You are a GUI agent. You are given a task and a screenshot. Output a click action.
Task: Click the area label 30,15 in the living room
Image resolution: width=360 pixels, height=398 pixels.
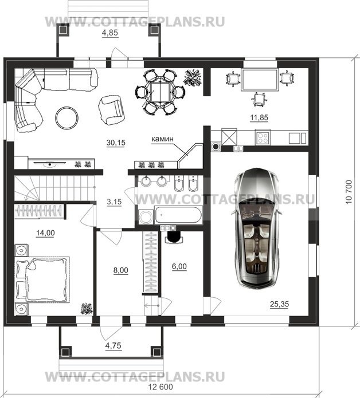pos(116,143)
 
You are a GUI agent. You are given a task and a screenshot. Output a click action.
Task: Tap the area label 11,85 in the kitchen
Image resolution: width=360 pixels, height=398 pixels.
pos(259,118)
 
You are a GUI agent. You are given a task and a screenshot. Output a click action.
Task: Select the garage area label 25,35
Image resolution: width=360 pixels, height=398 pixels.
pos(280,304)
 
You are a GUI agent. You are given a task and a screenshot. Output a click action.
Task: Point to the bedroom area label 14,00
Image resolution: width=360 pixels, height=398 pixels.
pos(45,233)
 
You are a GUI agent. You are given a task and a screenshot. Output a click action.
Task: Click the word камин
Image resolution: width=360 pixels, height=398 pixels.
pos(162,139)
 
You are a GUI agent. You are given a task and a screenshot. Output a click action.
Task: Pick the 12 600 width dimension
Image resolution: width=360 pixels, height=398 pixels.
pos(161,387)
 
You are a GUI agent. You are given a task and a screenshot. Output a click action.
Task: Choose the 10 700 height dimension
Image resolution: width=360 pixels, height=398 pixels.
pos(349,192)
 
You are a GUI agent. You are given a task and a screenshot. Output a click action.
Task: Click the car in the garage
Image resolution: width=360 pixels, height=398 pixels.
pos(257,228)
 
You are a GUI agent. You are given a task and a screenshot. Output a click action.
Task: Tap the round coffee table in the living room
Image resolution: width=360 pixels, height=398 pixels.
pos(67,118)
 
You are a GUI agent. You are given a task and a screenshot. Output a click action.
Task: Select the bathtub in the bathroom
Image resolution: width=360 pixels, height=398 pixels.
pos(178,215)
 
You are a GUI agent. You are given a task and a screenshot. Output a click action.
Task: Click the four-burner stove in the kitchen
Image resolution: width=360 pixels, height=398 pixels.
pos(263,138)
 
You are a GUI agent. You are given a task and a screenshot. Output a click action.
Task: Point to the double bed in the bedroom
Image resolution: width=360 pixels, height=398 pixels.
pos(42,279)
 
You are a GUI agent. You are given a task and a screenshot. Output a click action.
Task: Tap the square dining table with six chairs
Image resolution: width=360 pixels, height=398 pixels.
pos(160,92)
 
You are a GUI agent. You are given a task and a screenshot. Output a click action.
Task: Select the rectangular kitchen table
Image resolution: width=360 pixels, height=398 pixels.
pos(260,80)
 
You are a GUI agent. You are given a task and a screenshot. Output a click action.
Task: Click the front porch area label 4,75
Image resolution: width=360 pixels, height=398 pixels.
pos(114,346)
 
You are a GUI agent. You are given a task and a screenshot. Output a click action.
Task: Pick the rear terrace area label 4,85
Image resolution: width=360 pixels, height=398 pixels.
pos(110,33)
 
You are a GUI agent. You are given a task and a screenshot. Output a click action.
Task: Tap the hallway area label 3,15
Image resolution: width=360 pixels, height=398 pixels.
pos(114,202)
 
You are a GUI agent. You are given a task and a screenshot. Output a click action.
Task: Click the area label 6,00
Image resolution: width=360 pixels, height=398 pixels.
pos(179,266)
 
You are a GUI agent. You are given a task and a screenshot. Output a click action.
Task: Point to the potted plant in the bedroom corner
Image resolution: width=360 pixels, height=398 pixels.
pos(87,309)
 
